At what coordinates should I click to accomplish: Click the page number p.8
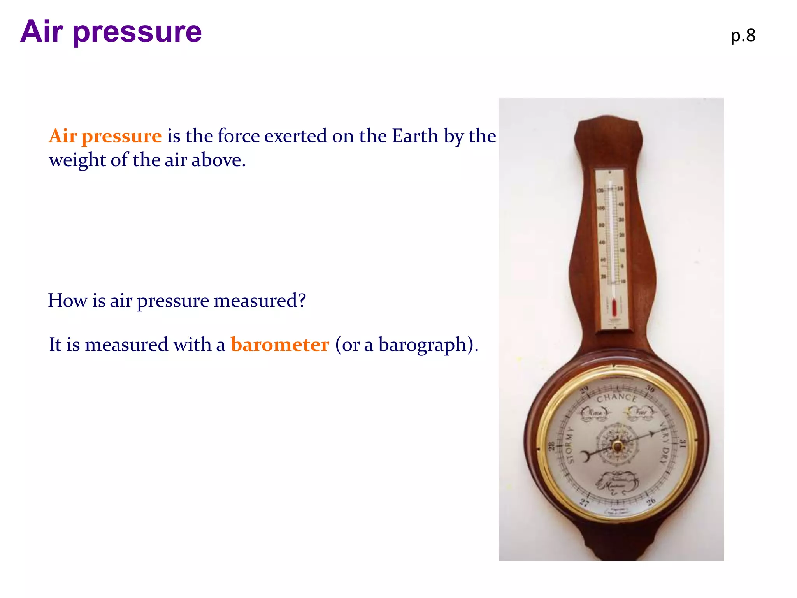[743, 36]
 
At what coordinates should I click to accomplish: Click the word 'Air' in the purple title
[41, 32]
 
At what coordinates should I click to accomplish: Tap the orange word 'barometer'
[279, 345]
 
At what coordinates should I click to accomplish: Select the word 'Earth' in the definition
[415, 136]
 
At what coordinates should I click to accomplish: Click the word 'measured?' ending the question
[260, 301]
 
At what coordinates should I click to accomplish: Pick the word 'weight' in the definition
[77, 160]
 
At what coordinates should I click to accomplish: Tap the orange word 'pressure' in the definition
[121, 136]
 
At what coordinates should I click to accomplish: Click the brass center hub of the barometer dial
[617, 446]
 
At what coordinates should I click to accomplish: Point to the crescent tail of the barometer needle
[585, 456]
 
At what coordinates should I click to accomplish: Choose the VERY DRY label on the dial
[665, 442]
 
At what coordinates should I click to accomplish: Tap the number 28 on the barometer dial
[551, 446]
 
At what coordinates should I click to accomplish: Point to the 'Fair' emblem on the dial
[640, 412]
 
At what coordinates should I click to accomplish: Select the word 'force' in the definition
[239, 136]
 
